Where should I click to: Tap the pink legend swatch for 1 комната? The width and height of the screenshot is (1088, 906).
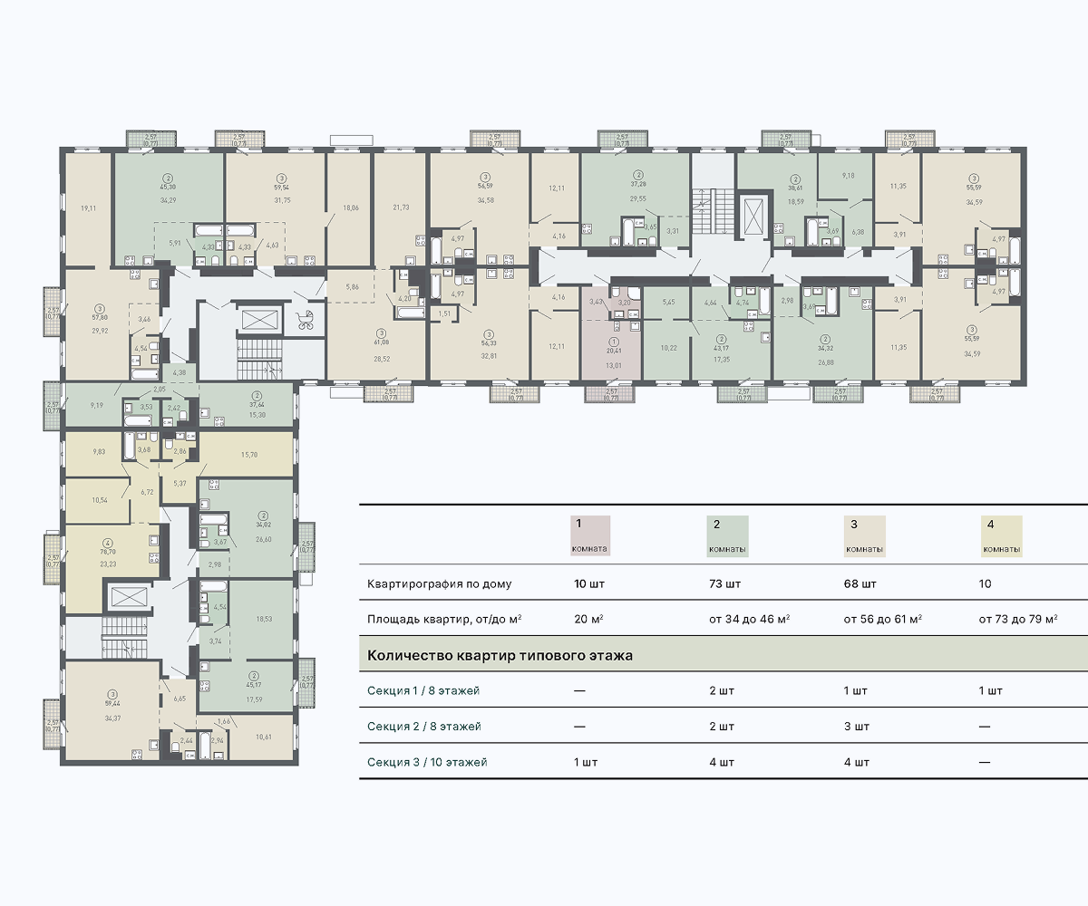click(590, 535)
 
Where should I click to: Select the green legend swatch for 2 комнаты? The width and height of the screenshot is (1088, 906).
click(727, 535)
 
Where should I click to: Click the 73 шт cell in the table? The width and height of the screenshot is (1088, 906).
click(722, 583)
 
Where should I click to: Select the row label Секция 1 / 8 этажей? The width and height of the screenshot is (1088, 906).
click(423, 690)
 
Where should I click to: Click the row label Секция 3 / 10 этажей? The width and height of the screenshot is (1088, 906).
click(427, 762)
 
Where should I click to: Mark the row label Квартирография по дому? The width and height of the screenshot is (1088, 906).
click(440, 583)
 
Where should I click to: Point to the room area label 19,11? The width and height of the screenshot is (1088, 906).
click(88, 208)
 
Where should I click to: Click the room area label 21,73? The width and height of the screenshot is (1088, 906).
click(401, 207)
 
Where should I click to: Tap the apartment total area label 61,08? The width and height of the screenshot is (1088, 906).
click(382, 342)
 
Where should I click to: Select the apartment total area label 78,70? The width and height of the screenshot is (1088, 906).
click(108, 551)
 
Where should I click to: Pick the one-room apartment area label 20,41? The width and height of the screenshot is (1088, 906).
click(614, 350)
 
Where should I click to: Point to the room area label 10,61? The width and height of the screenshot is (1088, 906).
click(264, 737)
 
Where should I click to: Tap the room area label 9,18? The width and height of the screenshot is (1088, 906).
click(848, 175)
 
